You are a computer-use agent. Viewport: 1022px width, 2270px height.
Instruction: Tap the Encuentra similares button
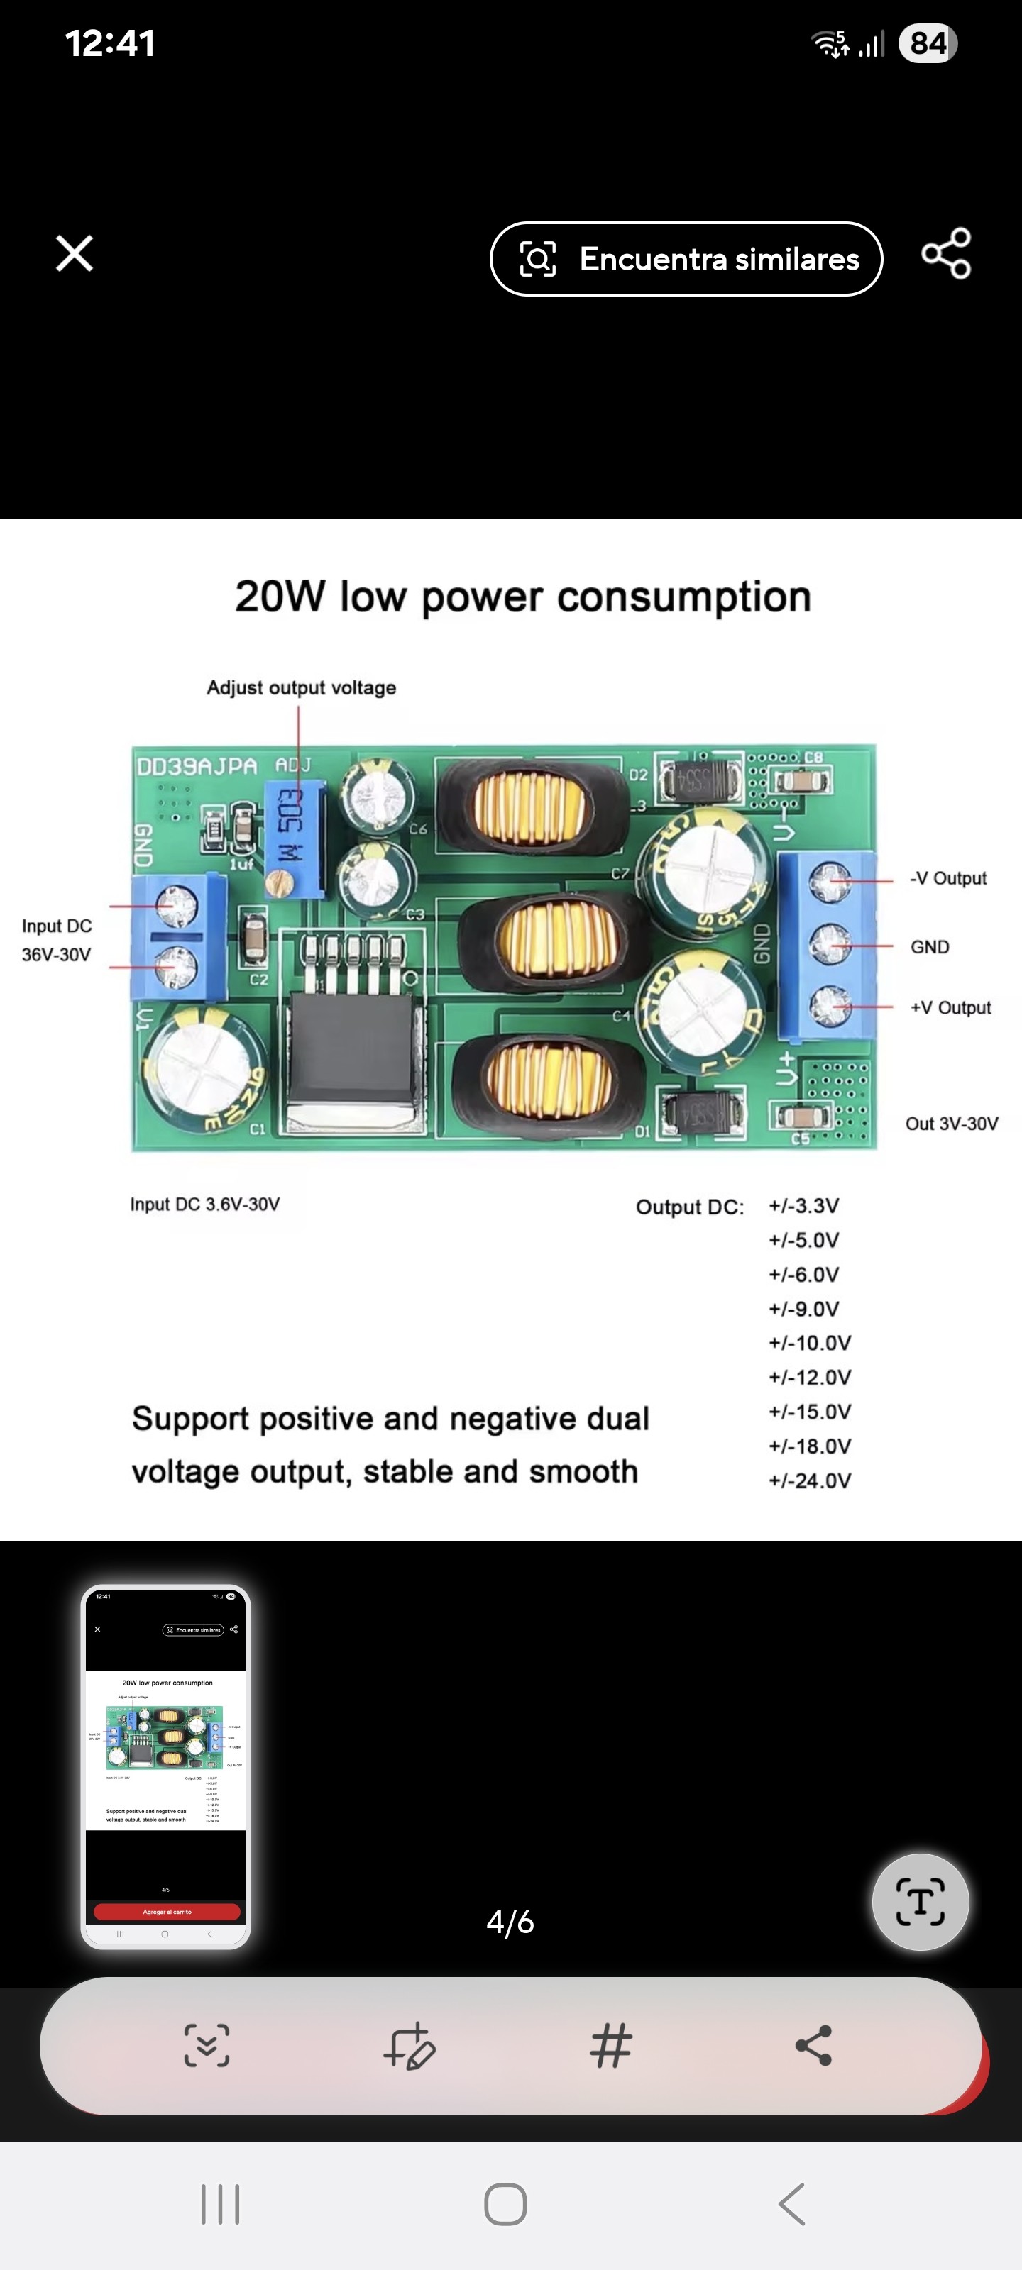coord(686,259)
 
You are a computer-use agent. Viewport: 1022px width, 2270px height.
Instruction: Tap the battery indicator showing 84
coord(927,43)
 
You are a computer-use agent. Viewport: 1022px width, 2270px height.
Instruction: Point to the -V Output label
coord(948,879)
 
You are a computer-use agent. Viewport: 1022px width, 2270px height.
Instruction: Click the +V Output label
coord(950,1007)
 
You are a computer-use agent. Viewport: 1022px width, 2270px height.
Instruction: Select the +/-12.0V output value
coord(810,1378)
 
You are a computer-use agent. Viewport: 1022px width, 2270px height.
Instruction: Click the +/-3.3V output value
coord(803,1205)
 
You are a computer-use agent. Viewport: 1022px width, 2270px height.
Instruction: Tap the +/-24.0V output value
coord(810,1480)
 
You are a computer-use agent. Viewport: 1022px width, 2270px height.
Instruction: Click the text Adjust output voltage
coord(301,687)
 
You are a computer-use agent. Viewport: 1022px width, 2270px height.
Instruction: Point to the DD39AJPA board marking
coord(197,766)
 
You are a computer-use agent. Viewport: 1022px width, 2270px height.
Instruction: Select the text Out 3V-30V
coord(952,1124)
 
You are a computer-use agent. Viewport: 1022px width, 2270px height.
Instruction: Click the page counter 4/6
coord(510,1922)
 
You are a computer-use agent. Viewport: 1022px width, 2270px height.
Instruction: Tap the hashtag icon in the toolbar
coord(611,2045)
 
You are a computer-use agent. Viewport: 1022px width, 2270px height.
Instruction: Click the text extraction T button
coord(920,1902)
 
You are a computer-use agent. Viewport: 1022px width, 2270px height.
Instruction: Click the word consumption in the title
coord(683,597)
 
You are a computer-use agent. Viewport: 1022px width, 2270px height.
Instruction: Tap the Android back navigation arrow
coord(792,2204)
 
